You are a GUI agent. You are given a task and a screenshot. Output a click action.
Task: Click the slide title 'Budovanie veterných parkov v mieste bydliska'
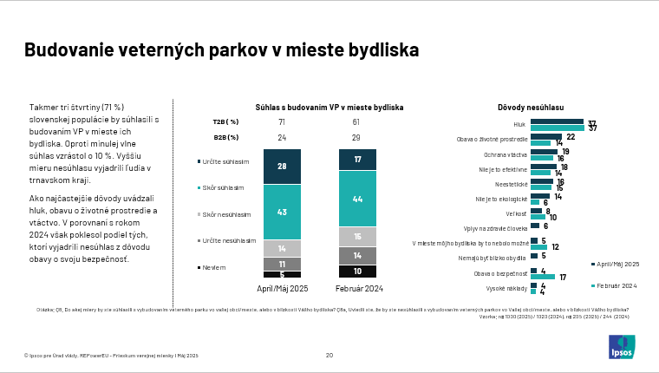click(x=221, y=50)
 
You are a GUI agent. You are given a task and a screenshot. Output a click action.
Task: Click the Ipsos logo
click(x=621, y=347)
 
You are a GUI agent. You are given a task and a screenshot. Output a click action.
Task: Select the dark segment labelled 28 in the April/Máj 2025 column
click(x=281, y=166)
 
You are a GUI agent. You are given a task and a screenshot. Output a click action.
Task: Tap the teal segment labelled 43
click(x=281, y=212)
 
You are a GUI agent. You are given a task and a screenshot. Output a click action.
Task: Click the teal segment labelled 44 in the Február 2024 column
click(x=357, y=199)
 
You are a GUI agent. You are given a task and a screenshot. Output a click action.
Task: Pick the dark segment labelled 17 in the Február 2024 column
click(x=357, y=160)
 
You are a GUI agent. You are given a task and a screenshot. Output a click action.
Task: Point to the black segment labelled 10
click(x=357, y=271)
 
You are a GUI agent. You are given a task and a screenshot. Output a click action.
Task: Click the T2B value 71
click(x=282, y=122)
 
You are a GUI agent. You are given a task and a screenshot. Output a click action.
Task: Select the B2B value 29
click(x=356, y=137)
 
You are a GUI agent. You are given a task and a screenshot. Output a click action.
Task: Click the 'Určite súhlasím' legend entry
click(x=225, y=161)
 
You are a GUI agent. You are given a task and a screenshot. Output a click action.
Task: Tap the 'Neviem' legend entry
click(x=213, y=268)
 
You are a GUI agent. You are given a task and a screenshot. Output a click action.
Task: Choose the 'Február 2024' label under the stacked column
click(x=357, y=288)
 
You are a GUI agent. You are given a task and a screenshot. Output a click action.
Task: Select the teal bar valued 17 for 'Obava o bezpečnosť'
click(x=543, y=277)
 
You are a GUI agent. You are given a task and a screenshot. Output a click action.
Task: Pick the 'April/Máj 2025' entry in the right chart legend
click(x=618, y=263)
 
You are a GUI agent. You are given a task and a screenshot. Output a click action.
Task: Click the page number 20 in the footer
click(x=329, y=355)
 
